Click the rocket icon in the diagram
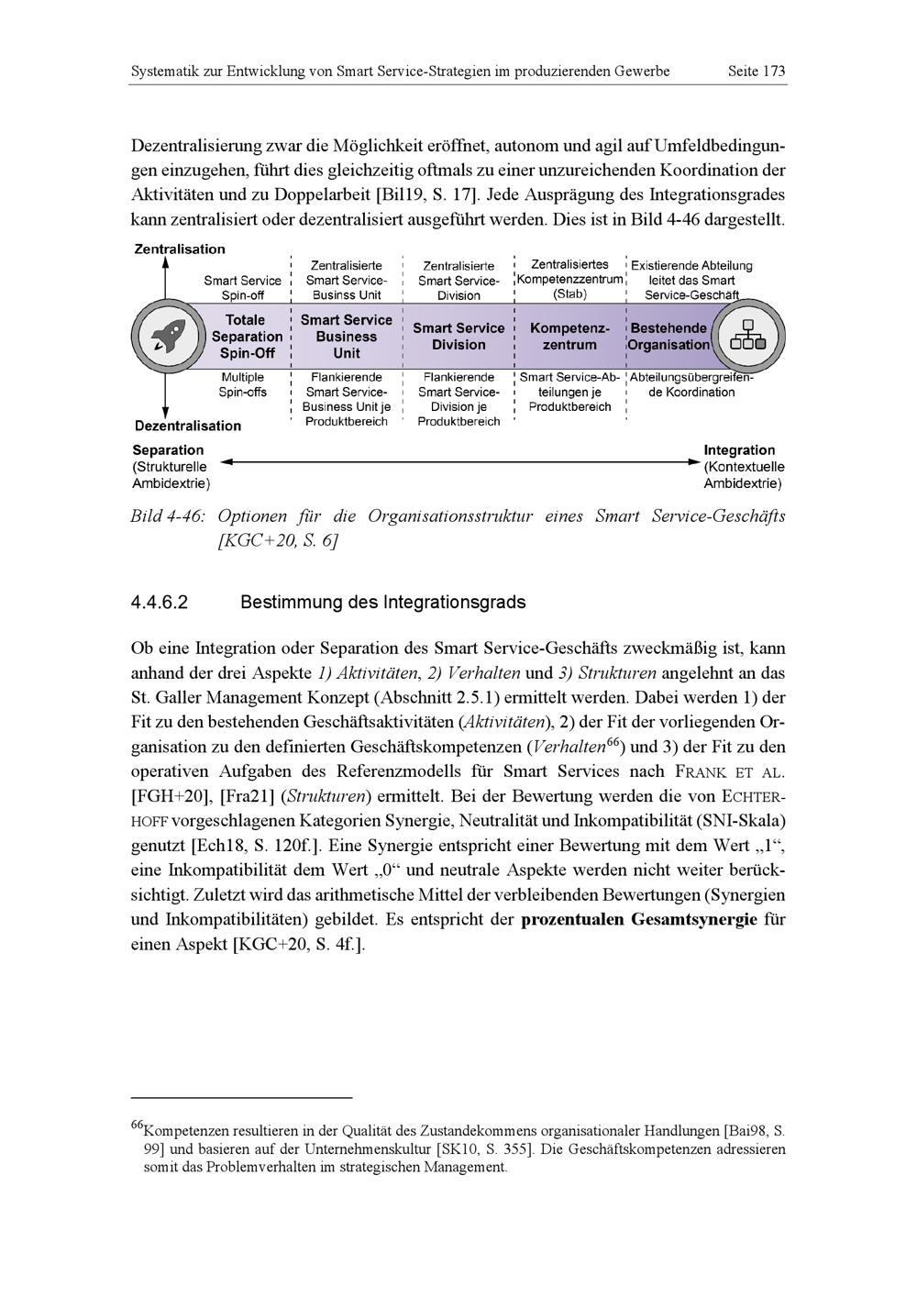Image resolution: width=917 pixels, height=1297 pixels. coord(166,336)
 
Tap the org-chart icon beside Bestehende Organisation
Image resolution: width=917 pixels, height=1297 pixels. coord(746,336)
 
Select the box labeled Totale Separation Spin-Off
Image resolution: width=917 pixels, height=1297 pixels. coord(247,337)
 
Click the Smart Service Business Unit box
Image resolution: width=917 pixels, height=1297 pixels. coord(346,337)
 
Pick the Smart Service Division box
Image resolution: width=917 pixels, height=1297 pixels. coord(458,337)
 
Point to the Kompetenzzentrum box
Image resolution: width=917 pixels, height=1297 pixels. coord(569,337)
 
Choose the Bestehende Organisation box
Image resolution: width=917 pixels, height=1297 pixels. coord(668,337)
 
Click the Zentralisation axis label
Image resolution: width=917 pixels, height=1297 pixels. coord(180,249)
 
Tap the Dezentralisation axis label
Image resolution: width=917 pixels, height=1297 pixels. coord(188,426)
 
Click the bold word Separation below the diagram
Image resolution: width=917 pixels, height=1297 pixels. coord(168,449)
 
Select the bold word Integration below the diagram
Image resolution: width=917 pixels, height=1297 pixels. coord(739,449)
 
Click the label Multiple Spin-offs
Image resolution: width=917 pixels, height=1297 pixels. coord(242,384)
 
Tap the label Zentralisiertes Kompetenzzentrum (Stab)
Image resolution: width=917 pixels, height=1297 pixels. coord(569,279)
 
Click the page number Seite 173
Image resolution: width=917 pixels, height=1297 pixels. coord(756,71)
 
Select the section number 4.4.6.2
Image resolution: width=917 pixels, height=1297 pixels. coord(160,603)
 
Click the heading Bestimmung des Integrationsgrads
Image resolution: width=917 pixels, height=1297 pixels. coord(382,603)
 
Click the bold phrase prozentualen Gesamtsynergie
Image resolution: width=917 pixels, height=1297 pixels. coord(638,920)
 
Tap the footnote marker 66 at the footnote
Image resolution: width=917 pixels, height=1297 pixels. coord(138,1125)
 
